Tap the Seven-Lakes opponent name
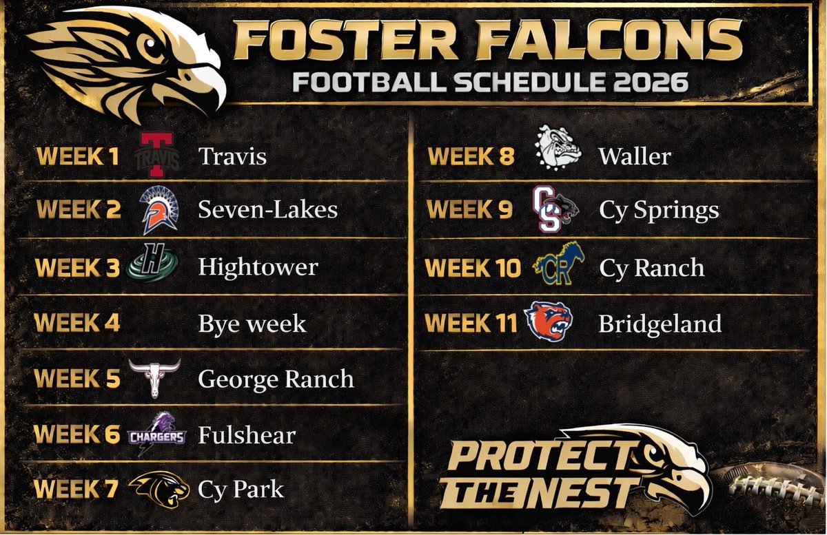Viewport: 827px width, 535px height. [x=267, y=209]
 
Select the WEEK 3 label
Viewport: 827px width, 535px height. [x=78, y=267]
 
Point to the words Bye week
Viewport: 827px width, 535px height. [x=252, y=323]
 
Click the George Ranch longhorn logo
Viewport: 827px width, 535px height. [x=154, y=377]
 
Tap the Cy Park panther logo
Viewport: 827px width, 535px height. [x=158, y=488]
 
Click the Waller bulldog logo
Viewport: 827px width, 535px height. [x=558, y=147]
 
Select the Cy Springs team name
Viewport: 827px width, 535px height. [x=658, y=210]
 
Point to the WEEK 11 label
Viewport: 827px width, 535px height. [x=471, y=323]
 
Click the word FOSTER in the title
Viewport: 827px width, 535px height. [x=343, y=39]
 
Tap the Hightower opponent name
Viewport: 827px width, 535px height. [x=258, y=267]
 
